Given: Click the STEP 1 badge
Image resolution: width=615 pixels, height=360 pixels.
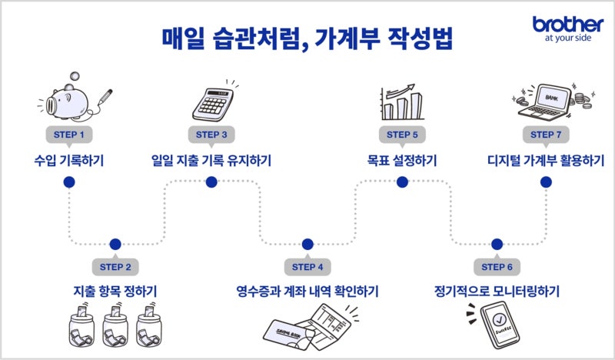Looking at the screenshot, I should tap(69, 134).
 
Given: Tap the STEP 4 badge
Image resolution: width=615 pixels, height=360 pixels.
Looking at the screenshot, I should tap(307, 267).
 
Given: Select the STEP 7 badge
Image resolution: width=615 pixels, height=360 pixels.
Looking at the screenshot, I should tap(547, 134).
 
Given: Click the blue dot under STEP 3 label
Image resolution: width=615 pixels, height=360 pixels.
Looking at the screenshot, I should tap(211, 182).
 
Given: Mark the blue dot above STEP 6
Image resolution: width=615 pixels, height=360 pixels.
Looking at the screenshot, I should tap(497, 245).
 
